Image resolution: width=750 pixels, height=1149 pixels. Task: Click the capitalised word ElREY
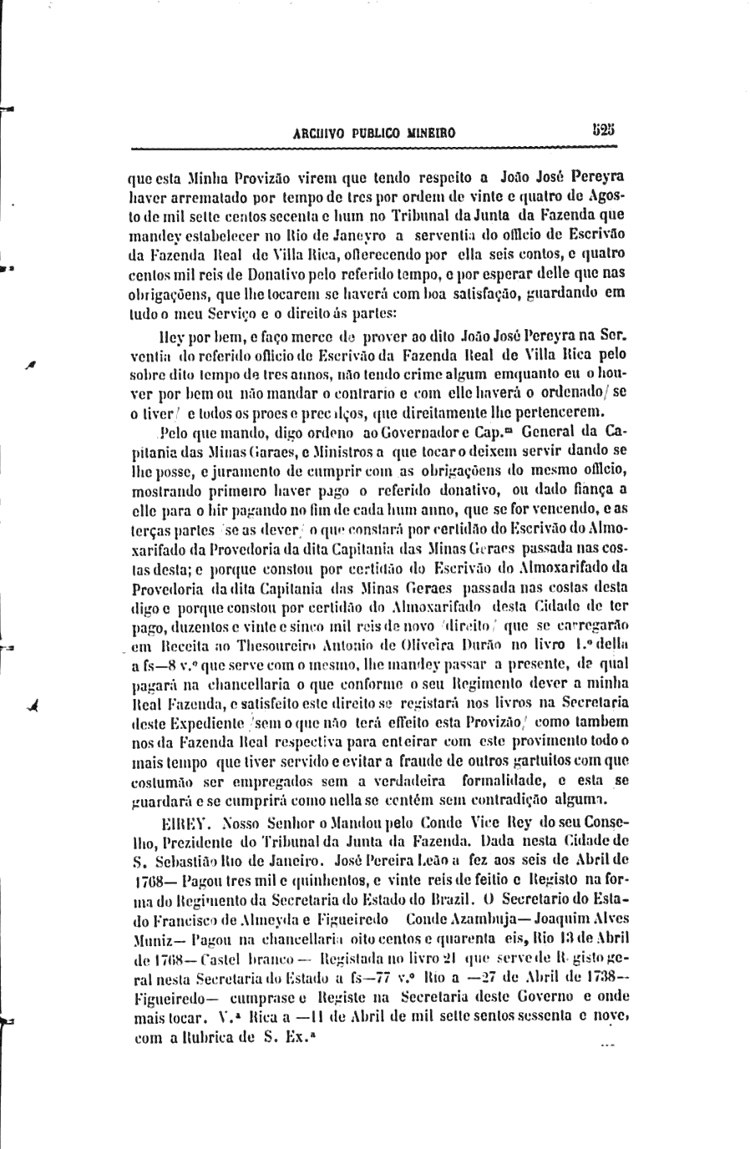(x=155, y=821)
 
